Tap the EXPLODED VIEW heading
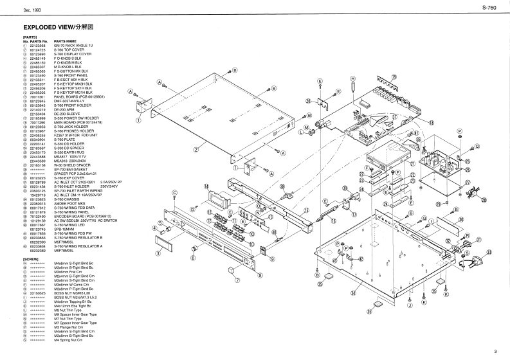[x=59, y=28]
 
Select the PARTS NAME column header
[x=66, y=41]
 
